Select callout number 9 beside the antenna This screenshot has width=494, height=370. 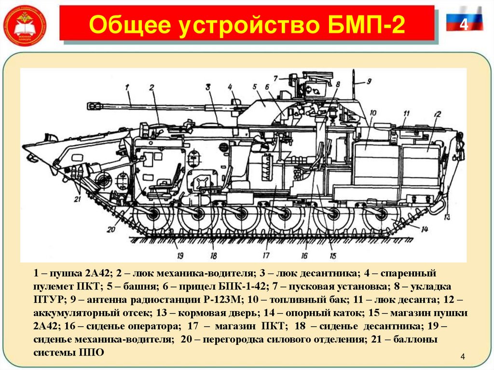point(369,81)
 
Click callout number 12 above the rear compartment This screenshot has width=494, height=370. point(437,115)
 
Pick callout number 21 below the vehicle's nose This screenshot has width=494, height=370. point(78,199)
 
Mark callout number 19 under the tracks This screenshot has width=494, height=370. point(180,256)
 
